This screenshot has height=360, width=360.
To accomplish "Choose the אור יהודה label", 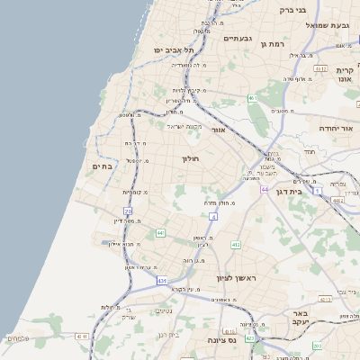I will (x=338, y=129).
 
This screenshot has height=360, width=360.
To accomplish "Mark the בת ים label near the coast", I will (x=102, y=166).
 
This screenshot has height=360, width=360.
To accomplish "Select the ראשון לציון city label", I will (x=237, y=278).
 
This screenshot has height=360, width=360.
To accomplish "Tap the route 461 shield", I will (x=253, y=97).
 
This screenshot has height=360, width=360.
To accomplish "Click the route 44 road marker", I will (x=265, y=189).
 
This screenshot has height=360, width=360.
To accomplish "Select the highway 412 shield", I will (x=236, y=244).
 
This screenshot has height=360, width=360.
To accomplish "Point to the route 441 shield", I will (x=159, y=233).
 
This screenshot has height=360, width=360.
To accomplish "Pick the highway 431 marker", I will (x=162, y=282).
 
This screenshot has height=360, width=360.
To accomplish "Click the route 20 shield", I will (x=129, y=211).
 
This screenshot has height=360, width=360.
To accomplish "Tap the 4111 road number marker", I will (x=83, y=336).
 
